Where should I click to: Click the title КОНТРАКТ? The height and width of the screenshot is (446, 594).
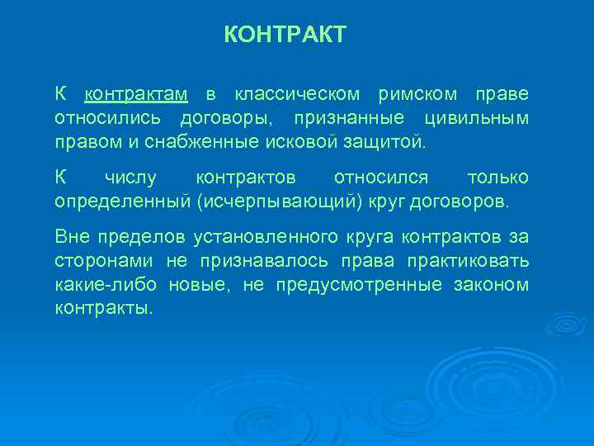click(x=285, y=36)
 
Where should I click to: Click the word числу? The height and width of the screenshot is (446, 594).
click(x=133, y=178)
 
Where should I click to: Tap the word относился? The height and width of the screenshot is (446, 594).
click(x=381, y=178)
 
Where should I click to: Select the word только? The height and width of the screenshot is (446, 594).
click(x=497, y=178)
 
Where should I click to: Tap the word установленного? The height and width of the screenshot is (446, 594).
click(x=265, y=238)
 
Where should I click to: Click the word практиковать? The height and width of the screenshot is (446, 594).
click(x=474, y=262)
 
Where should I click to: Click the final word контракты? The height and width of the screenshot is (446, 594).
click(x=104, y=310)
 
